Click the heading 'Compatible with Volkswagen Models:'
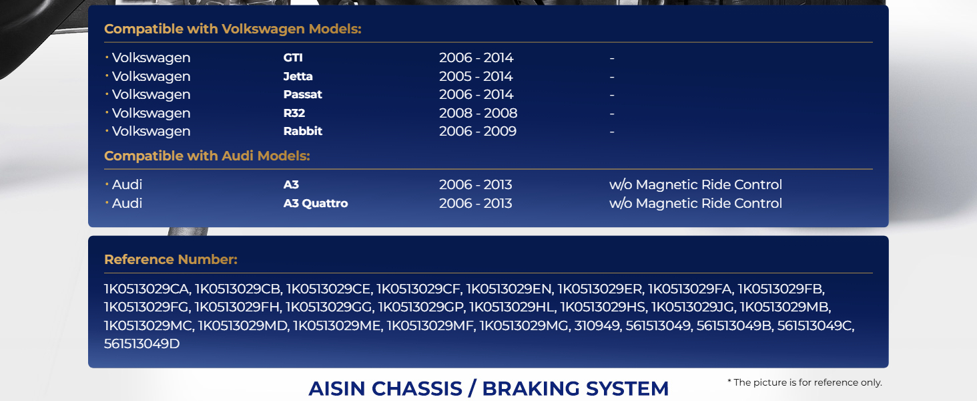click(233, 29)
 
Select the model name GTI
click(293, 57)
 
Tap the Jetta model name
click(298, 76)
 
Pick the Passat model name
click(303, 94)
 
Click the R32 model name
click(294, 113)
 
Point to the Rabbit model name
click(303, 131)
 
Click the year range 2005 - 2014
click(476, 76)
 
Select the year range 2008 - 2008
click(478, 113)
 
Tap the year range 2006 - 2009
click(478, 131)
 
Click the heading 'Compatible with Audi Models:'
click(207, 156)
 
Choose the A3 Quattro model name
click(316, 204)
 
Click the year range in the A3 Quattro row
click(475, 204)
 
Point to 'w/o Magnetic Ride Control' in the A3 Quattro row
click(695, 204)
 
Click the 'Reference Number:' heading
click(171, 259)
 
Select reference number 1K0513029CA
click(146, 289)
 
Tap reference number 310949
click(597, 326)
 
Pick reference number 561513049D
click(141, 344)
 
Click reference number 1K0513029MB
click(784, 307)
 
